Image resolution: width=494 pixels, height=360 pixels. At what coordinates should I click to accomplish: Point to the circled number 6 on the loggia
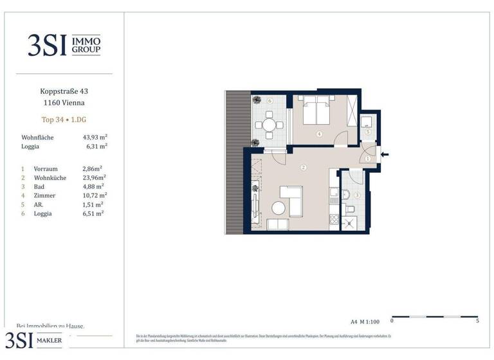[x=270, y=101]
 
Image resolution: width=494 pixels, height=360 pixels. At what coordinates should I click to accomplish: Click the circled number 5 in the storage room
[x=367, y=132]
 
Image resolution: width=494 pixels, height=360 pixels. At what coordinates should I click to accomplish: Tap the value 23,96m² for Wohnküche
[x=95, y=177]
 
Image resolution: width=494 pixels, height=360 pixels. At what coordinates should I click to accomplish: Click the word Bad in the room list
[x=39, y=186]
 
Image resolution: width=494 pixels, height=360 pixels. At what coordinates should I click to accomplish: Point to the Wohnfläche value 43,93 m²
[x=95, y=138]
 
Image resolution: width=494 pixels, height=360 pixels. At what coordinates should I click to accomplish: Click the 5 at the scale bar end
[x=477, y=320]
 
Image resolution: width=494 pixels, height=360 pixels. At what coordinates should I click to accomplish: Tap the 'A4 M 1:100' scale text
[x=365, y=319]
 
